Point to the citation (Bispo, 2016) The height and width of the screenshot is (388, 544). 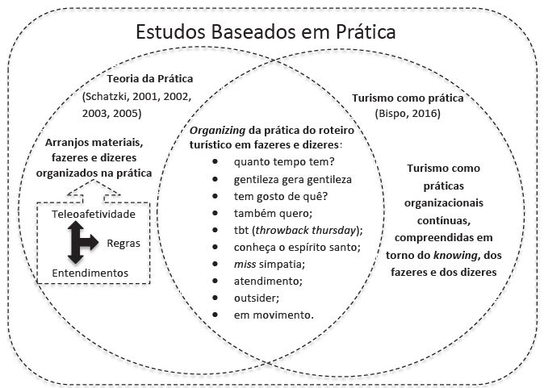tap(408, 115)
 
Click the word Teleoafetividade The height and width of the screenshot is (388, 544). tap(93, 215)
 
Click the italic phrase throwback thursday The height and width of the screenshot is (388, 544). tap(308, 229)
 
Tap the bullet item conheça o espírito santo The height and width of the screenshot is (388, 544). tap(291, 246)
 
